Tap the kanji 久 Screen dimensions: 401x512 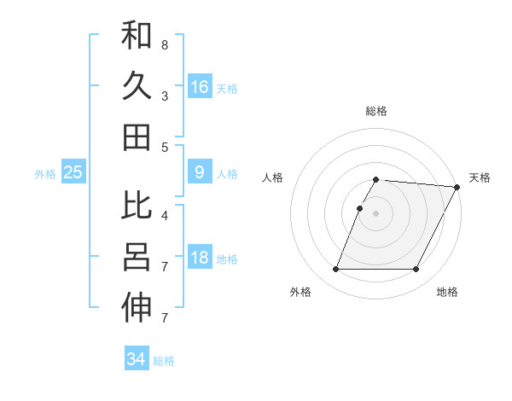point(137,86)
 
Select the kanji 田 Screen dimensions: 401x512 point(137,137)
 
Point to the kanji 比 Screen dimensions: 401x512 point(137,206)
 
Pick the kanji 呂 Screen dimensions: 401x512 point(137,258)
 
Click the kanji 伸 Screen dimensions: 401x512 point(137,309)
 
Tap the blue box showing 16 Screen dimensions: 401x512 point(199,86)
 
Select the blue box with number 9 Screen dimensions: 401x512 point(199,172)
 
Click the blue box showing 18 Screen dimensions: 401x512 point(199,258)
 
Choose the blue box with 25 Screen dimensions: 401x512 point(73,172)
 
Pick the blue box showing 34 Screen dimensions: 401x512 point(136,359)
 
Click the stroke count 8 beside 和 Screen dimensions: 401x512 point(164,44)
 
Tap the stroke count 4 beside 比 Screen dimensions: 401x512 point(164,215)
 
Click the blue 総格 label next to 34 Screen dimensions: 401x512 point(164,361)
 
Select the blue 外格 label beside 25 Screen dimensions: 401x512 point(45,174)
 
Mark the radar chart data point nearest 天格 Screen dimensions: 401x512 point(458,187)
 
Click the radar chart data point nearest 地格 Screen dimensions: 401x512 point(416,270)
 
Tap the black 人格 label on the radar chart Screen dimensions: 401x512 point(273,177)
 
